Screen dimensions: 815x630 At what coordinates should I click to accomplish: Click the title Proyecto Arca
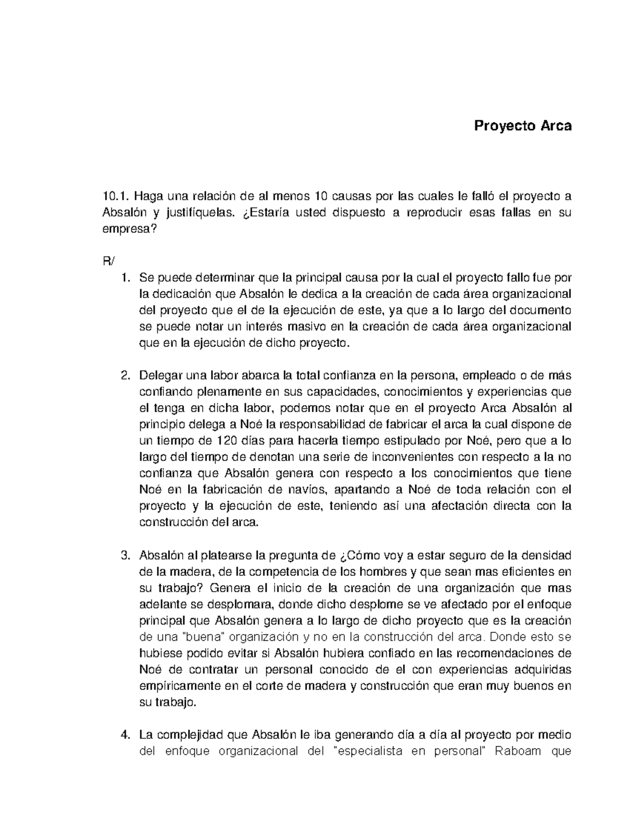coord(522,126)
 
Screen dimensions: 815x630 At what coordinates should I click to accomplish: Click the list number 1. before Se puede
coord(125,278)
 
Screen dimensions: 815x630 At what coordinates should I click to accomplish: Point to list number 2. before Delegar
coord(125,376)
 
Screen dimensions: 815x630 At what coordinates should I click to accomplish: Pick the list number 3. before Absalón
coord(125,555)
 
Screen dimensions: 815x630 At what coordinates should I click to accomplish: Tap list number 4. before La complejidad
coord(125,735)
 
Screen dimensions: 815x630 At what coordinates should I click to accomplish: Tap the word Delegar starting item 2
coord(158,376)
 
